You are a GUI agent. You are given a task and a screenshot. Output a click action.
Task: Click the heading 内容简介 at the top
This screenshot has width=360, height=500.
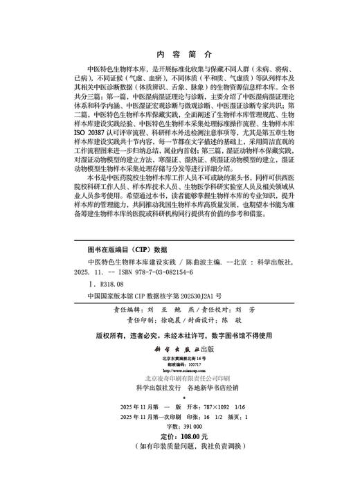pyautogui.click(x=181, y=53)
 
